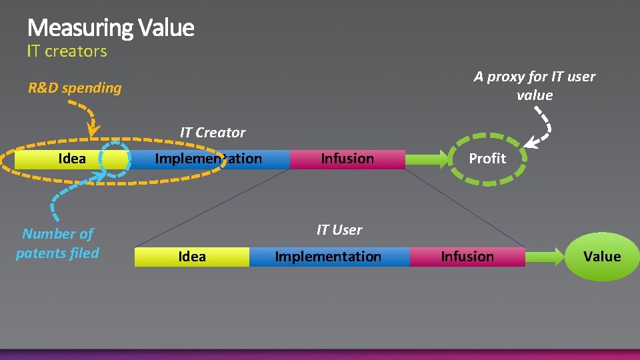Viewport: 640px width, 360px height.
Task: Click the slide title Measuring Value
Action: tap(111, 28)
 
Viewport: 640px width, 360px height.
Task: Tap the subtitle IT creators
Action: tap(67, 51)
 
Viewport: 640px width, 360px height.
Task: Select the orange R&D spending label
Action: tap(75, 88)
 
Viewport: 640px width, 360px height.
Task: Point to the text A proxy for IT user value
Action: tap(535, 86)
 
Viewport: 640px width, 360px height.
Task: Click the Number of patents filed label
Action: tap(57, 243)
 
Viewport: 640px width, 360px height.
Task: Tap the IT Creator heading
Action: tap(213, 133)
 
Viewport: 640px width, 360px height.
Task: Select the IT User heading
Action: tap(339, 230)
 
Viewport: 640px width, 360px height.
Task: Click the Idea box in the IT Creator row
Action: tap(72, 159)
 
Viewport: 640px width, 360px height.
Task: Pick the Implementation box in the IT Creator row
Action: tap(209, 159)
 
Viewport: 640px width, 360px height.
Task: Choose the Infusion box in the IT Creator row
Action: tap(347, 159)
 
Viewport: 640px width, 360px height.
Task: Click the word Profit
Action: tap(487, 159)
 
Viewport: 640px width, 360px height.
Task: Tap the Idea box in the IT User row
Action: tap(192, 257)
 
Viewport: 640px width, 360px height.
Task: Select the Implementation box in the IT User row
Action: tap(328, 257)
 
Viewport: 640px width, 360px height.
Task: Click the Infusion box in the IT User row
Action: tap(467, 257)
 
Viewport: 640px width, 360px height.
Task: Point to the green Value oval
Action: tap(602, 257)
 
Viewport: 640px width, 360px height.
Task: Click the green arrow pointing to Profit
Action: tap(427, 159)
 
